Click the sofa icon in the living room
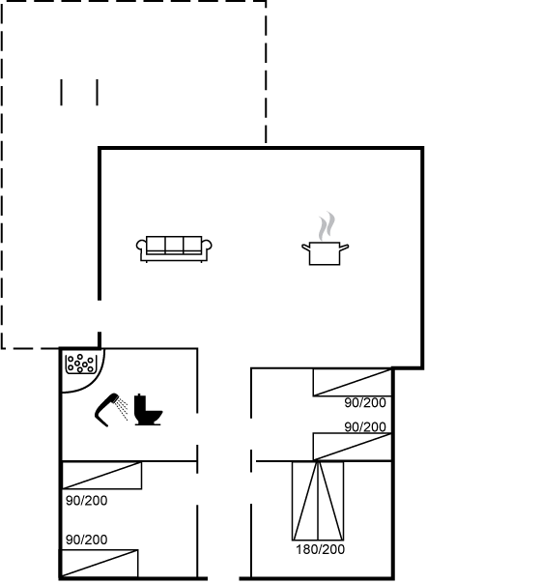click(174, 248)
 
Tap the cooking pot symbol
click(325, 253)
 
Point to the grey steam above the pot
click(327, 226)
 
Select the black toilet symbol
click(148, 409)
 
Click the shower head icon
click(107, 409)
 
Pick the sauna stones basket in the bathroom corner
click(81, 364)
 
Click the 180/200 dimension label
click(321, 549)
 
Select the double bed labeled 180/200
click(318, 501)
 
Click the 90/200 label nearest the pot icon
click(365, 402)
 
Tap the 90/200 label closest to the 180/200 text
click(365, 426)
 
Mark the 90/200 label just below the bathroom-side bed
click(87, 501)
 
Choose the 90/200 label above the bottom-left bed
click(87, 540)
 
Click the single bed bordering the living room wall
click(352, 382)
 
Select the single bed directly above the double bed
click(352, 447)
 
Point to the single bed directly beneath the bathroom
click(101, 476)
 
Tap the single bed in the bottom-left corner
click(100, 563)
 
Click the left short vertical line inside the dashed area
click(62, 93)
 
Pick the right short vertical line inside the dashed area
click(98, 93)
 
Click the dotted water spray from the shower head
click(122, 408)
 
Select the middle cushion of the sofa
click(174, 245)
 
